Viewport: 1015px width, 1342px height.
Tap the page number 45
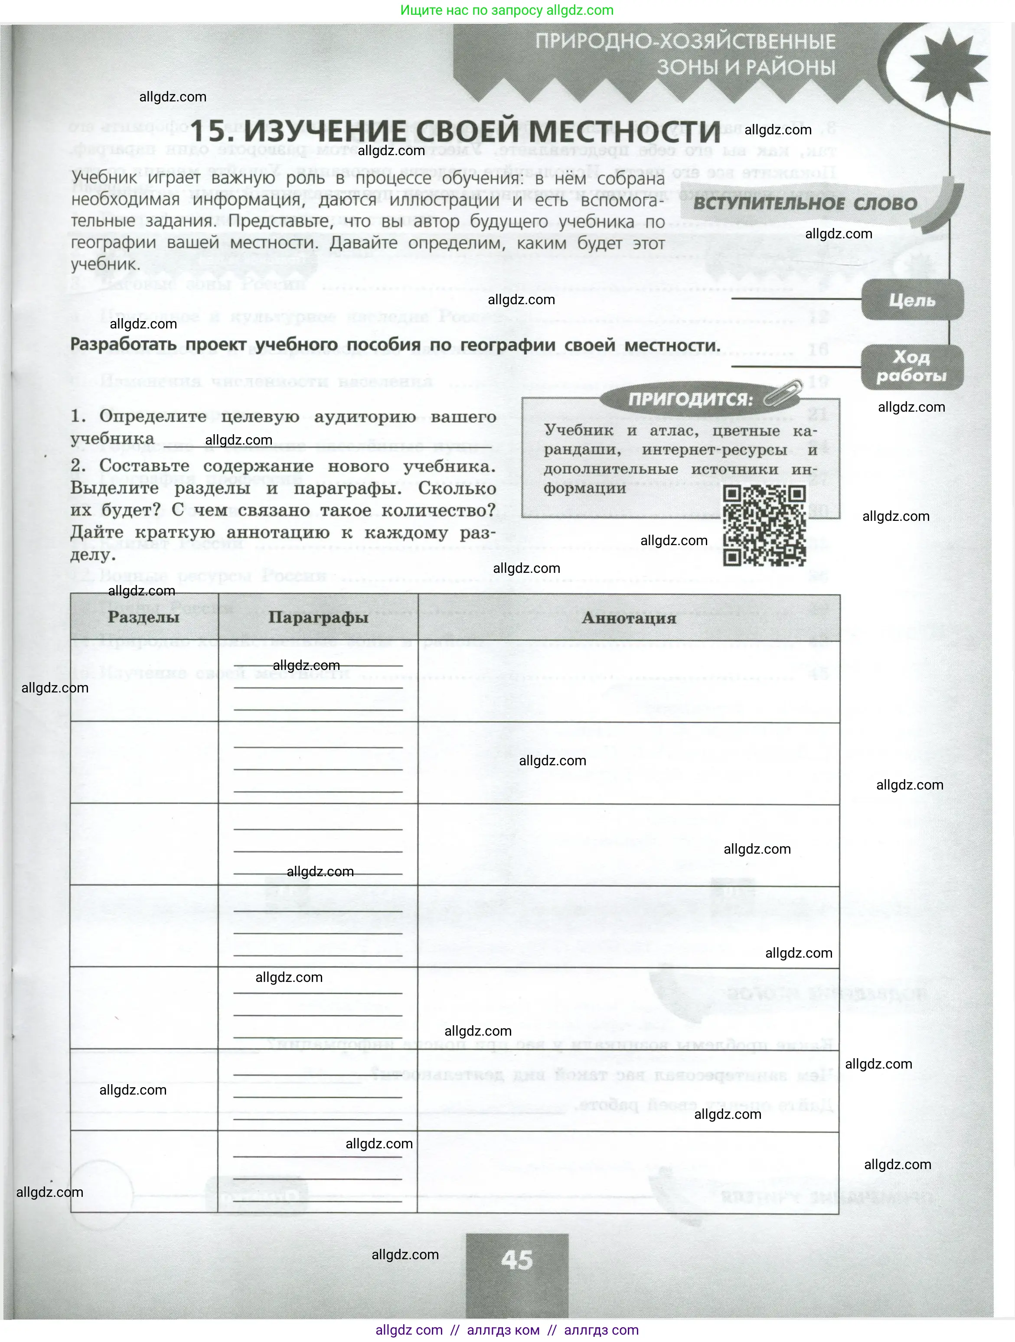click(517, 1260)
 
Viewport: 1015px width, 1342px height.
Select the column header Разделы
click(143, 617)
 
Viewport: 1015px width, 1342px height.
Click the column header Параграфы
click(318, 617)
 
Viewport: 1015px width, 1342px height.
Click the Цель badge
click(912, 300)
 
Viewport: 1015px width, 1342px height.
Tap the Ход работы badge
click(912, 367)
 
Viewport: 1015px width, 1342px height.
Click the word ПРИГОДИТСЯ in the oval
click(690, 399)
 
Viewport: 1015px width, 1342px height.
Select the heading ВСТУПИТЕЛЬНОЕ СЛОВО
click(805, 204)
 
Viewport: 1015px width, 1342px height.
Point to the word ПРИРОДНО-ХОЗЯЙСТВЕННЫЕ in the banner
click(685, 42)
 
